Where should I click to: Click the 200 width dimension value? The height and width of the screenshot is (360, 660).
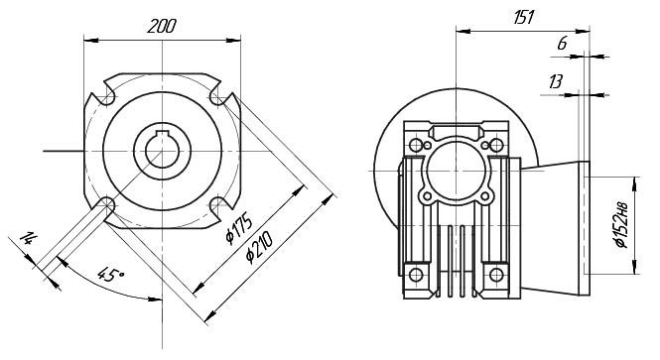pos(162,27)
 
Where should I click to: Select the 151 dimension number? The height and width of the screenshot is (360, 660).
pos(524,17)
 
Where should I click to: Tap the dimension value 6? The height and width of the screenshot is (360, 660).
pos(563,43)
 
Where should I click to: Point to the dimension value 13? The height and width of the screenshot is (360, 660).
pos(556,81)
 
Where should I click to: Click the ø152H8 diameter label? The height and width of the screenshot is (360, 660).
pos(621,225)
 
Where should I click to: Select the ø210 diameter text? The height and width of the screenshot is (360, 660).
pos(260,248)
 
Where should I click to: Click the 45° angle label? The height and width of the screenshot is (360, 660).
pos(111,274)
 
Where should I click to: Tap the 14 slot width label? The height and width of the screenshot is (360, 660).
pos(28,238)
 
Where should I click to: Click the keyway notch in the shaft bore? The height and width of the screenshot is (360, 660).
pos(163,135)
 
